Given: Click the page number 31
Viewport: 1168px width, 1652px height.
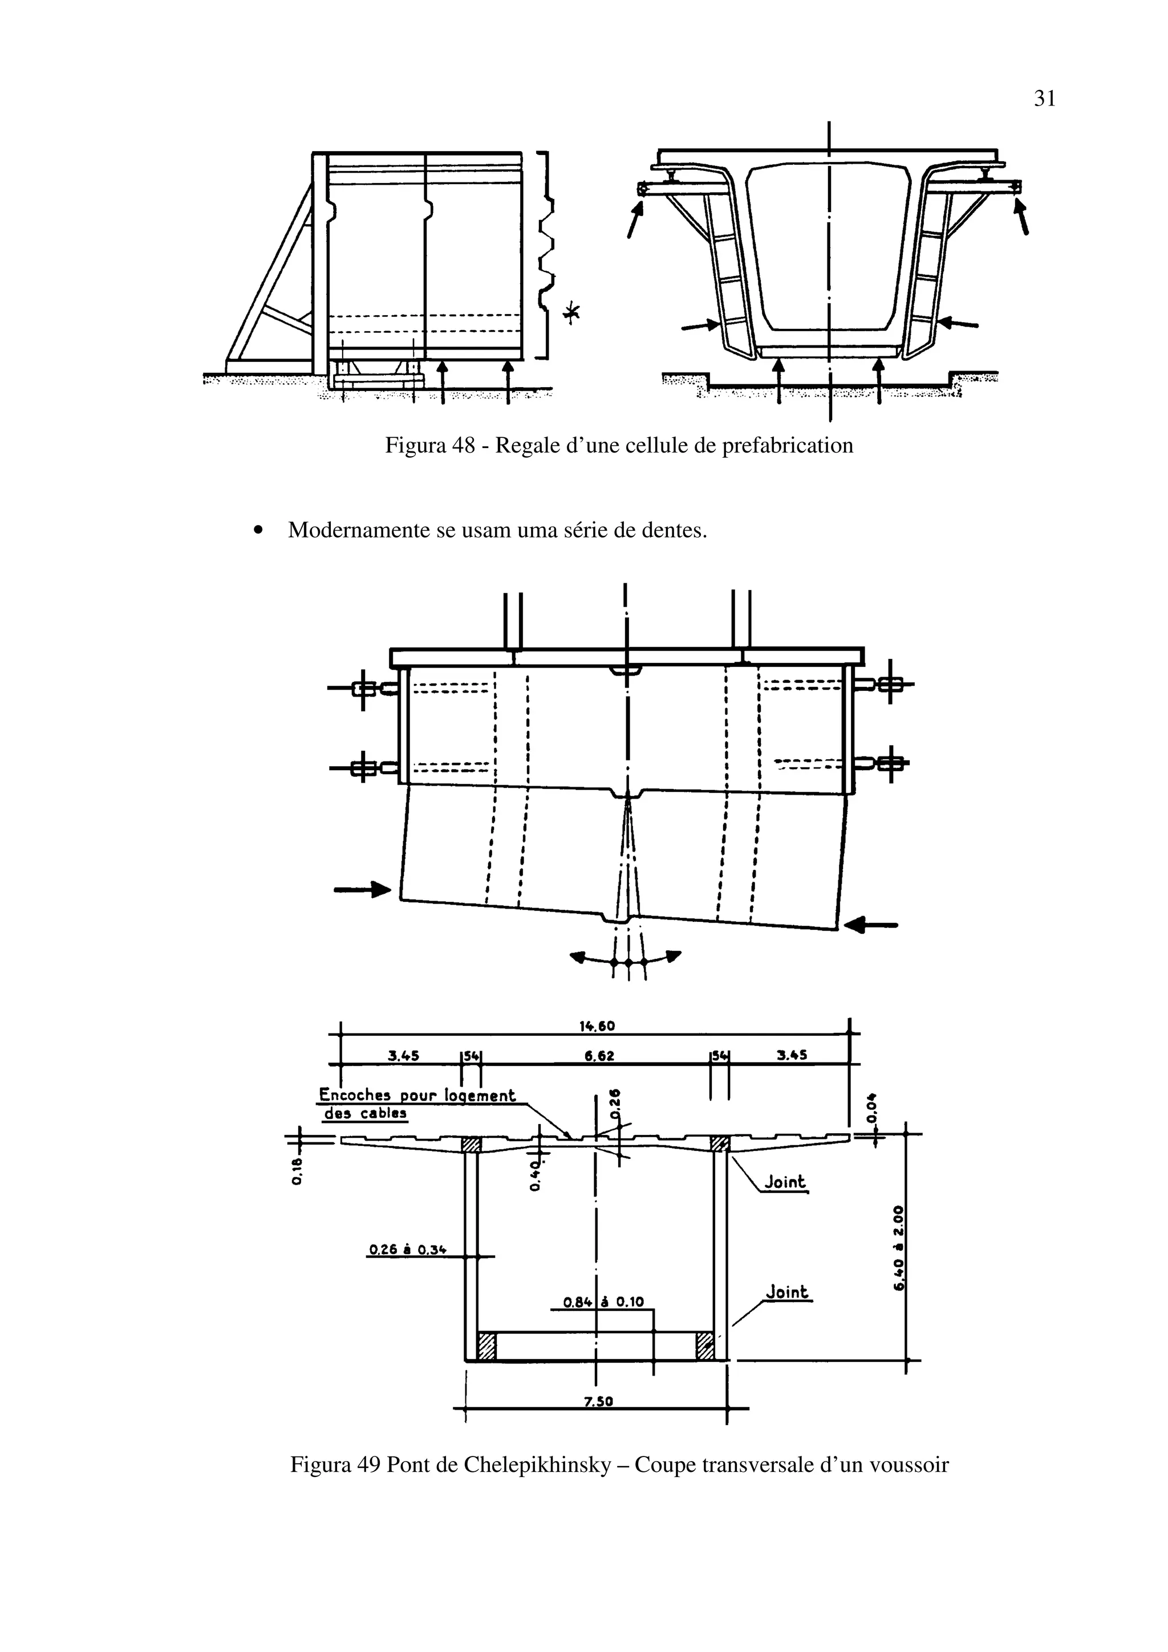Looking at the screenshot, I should (1045, 99).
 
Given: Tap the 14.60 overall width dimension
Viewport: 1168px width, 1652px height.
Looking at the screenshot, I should (597, 1026).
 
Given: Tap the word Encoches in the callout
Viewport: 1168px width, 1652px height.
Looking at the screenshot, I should (355, 1095).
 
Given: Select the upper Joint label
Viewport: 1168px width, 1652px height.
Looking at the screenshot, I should (785, 1182).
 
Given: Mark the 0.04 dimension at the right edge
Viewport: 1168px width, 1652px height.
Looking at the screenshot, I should (872, 1109).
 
